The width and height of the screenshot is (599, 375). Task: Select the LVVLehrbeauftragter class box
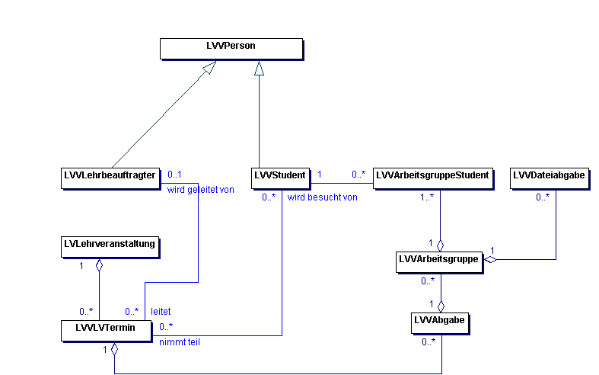(x=110, y=177)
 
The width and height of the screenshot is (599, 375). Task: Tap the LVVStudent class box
(x=281, y=177)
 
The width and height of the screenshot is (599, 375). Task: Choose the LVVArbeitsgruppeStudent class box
(x=432, y=177)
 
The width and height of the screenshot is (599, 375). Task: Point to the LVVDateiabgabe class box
(x=549, y=177)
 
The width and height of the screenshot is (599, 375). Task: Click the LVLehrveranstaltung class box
(x=110, y=245)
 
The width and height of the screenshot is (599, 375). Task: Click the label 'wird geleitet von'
(x=201, y=190)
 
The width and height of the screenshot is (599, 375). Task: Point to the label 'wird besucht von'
(x=323, y=197)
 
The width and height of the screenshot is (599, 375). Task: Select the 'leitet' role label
(x=161, y=311)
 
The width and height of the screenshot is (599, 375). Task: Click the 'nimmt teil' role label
(x=179, y=342)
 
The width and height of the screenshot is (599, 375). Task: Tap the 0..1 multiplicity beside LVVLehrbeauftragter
(x=174, y=174)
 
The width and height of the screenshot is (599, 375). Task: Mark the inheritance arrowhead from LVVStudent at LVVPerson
(x=260, y=68)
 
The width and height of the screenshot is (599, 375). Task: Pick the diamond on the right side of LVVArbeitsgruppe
(x=492, y=261)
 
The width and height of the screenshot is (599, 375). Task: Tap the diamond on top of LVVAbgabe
(x=440, y=306)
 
